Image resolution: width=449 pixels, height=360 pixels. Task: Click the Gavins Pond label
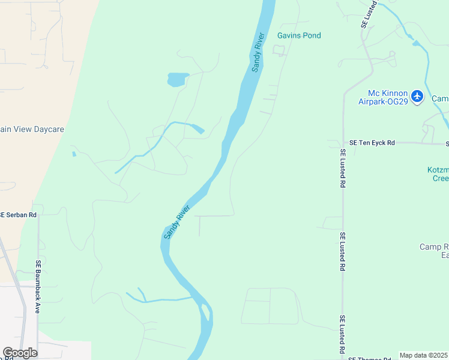pos(299,35)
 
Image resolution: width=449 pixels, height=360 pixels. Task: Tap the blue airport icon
pos(418,95)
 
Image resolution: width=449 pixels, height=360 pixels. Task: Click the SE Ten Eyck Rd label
pos(372,143)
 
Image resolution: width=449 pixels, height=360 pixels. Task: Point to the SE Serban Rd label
pos(18,214)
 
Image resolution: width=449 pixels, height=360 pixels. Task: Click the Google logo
pos(20,353)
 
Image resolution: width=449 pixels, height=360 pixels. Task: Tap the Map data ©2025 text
pos(424,355)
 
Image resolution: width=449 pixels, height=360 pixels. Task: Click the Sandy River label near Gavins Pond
pos(258,52)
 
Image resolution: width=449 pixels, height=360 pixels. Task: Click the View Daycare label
pos(32,129)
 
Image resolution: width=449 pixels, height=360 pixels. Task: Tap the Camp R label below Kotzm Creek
pos(434,251)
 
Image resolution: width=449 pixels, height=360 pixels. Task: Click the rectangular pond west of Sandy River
pos(177,79)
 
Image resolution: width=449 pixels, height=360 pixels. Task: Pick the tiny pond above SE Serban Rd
pos(74,154)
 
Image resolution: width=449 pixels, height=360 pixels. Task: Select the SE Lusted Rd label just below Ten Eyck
pos(342,169)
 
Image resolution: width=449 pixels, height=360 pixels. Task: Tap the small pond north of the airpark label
pos(416,43)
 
